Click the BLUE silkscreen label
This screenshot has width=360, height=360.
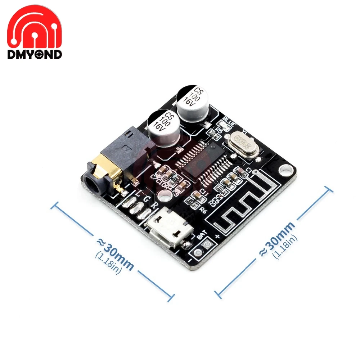pyautogui.click(x=229, y=120)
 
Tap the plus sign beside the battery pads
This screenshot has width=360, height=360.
pyautogui.click(x=217, y=237)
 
